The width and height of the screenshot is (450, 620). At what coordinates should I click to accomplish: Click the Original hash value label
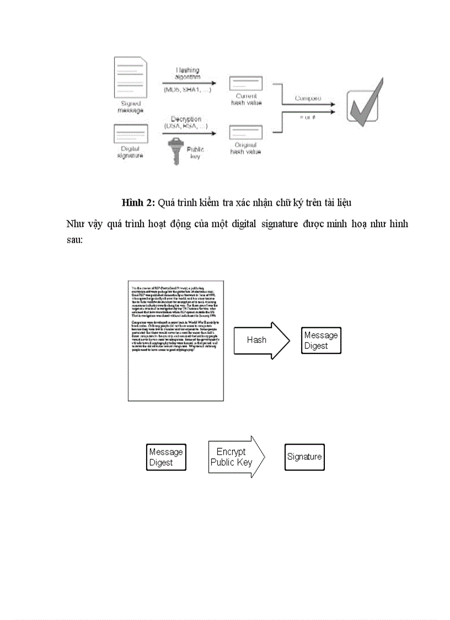(x=246, y=148)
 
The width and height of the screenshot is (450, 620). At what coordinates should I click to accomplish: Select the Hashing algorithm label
(x=188, y=74)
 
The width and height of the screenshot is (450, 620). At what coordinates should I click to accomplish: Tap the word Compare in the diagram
(x=308, y=98)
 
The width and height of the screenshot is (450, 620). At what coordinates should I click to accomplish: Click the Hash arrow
(x=261, y=340)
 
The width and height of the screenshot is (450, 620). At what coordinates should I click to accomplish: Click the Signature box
(x=304, y=457)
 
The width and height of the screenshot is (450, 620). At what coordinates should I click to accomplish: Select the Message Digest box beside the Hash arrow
(x=321, y=341)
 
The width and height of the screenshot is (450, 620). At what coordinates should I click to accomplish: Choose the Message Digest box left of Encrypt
(x=166, y=457)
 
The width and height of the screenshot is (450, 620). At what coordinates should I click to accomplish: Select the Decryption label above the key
(x=186, y=119)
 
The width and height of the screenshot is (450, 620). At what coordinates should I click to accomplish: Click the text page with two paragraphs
(x=175, y=341)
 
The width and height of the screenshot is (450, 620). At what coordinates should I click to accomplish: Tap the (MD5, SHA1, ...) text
(x=187, y=89)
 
